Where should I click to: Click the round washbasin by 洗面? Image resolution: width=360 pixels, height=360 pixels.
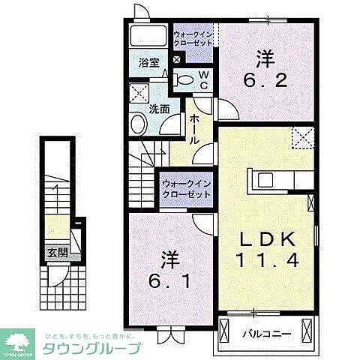tap(139, 124)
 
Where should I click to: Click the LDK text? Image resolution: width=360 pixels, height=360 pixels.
tap(271, 239)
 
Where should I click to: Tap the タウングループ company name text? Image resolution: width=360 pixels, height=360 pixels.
tap(91, 349)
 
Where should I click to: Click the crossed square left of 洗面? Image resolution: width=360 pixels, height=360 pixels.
tap(139, 94)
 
